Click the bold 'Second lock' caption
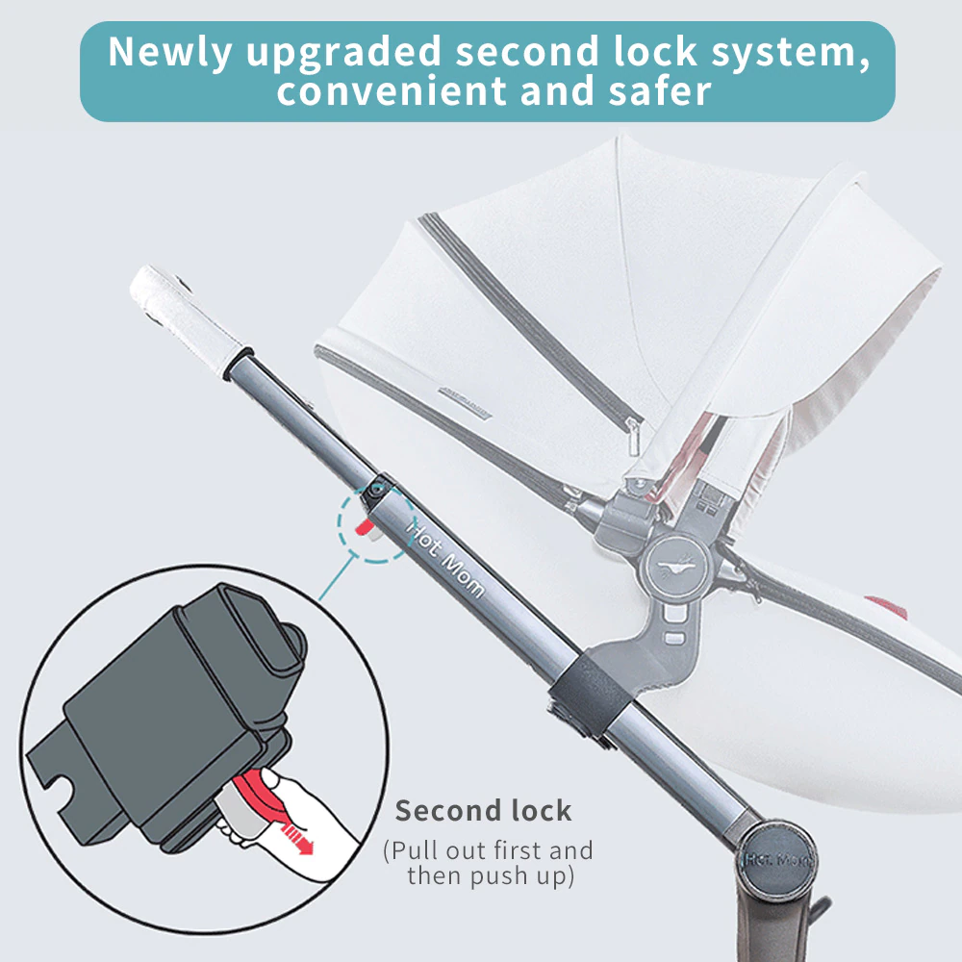coord(484,810)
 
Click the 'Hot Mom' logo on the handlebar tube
coord(445,559)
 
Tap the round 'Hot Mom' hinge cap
coord(776,859)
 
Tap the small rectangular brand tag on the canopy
coord(465,402)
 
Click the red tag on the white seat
coord(886,605)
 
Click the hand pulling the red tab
coord(289,817)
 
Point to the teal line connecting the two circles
coord(337,577)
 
